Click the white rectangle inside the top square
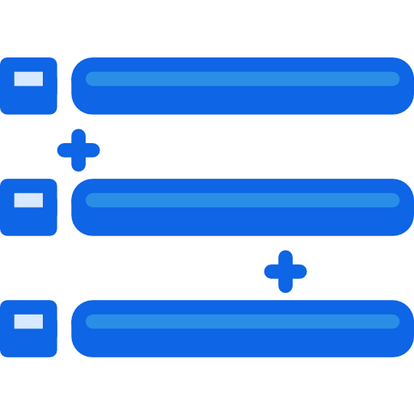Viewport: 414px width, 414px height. (x=28, y=78)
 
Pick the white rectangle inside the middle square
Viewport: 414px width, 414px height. (x=28, y=200)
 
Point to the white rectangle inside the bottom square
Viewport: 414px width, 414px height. (x=28, y=321)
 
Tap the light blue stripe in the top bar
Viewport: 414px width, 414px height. (x=243, y=78)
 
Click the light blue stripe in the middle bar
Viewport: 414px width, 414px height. (x=243, y=200)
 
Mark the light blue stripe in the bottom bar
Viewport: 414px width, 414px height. (x=243, y=321)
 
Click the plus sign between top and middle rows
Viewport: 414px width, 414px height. (x=78, y=150)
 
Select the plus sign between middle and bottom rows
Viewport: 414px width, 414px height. (x=285, y=271)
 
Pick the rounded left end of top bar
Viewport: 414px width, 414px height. (x=81, y=86)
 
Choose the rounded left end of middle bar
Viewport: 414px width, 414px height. (x=81, y=207)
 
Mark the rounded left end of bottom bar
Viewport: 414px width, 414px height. (x=81, y=328)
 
